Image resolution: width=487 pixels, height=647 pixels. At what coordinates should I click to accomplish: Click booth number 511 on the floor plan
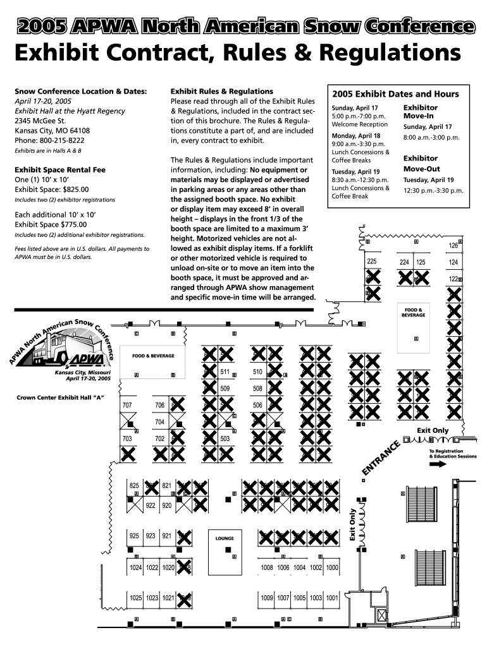pyautogui.click(x=225, y=372)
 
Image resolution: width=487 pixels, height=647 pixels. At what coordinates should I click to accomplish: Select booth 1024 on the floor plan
pyautogui.click(x=135, y=568)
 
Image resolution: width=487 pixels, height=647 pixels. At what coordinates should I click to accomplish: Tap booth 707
pyautogui.click(x=127, y=405)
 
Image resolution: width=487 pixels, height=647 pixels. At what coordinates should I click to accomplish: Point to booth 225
pyautogui.click(x=372, y=262)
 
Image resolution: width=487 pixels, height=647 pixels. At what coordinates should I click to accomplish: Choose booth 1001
pyautogui.click(x=333, y=598)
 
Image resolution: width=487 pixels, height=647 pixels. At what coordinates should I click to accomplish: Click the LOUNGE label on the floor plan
pyautogui.click(x=225, y=538)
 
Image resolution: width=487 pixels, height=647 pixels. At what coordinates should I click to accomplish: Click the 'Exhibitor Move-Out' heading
pyautogui.click(x=421, y=164)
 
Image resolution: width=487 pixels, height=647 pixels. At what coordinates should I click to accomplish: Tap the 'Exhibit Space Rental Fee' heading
pyautogui.click(x=60, y=169)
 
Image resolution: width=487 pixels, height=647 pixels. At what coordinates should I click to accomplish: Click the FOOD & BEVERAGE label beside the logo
pyautogui.click(x=153, y=356)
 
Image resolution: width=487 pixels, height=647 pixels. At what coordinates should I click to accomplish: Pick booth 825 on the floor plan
pyautogui.click(x=134, y=485)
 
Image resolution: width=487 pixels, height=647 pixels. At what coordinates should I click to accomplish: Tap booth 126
pyautogui.click(x=453, y=246)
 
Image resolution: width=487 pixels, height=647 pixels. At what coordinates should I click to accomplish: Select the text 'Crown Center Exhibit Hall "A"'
pyautogui.click(x=59, y=397)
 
